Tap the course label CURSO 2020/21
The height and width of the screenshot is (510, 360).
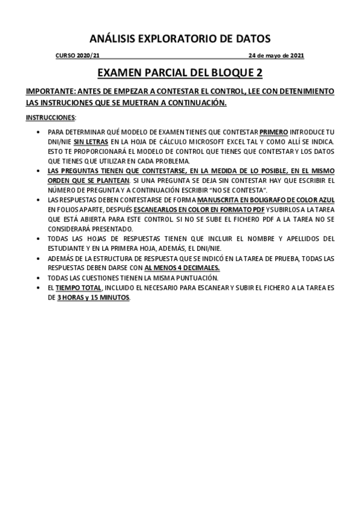pos(74,56)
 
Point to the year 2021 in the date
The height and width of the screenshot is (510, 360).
pos(297,56)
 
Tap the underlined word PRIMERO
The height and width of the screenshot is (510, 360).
pos(273,132)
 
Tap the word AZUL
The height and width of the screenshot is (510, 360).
pos(325,200)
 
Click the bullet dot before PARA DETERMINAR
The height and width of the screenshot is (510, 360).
pos(38,132)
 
